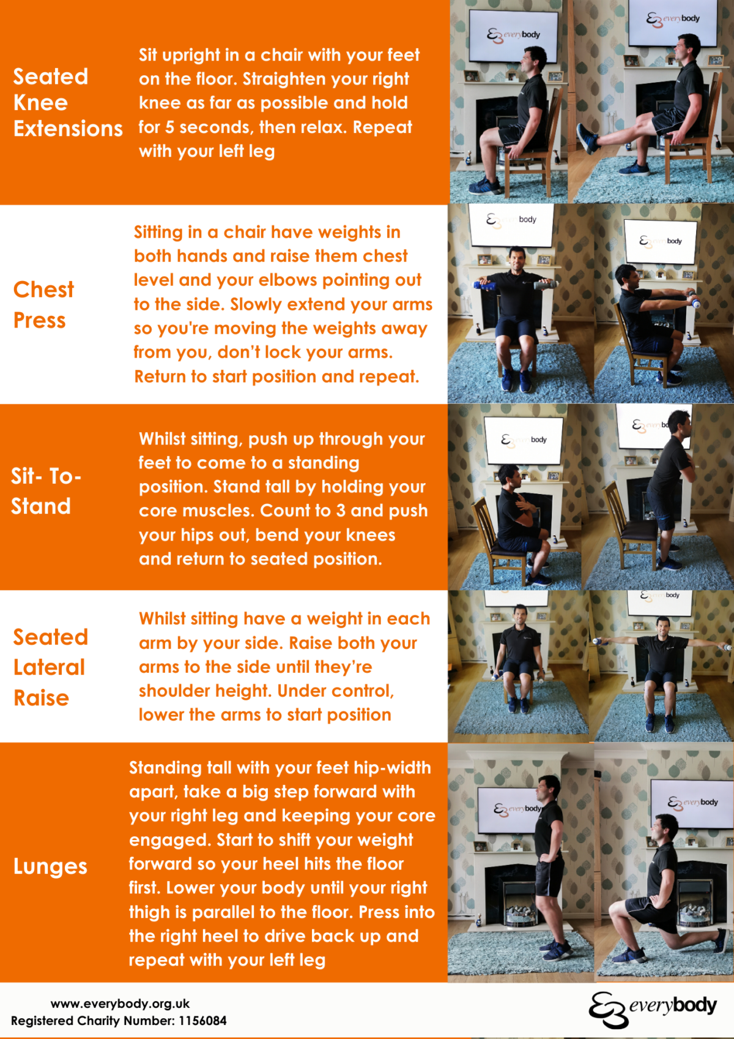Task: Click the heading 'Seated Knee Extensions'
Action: (x=67, y=102)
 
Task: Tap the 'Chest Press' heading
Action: (x=43, y=304)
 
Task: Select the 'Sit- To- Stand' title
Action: (x=45, y=491)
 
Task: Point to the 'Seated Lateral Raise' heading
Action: (x=50, y=667)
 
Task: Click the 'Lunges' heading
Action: (x=50, y=866)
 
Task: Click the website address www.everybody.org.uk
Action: (x=120, y=1003)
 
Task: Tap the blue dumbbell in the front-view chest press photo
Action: (x=484, y=285)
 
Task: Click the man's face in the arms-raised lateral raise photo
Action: (x=663, y=626)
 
